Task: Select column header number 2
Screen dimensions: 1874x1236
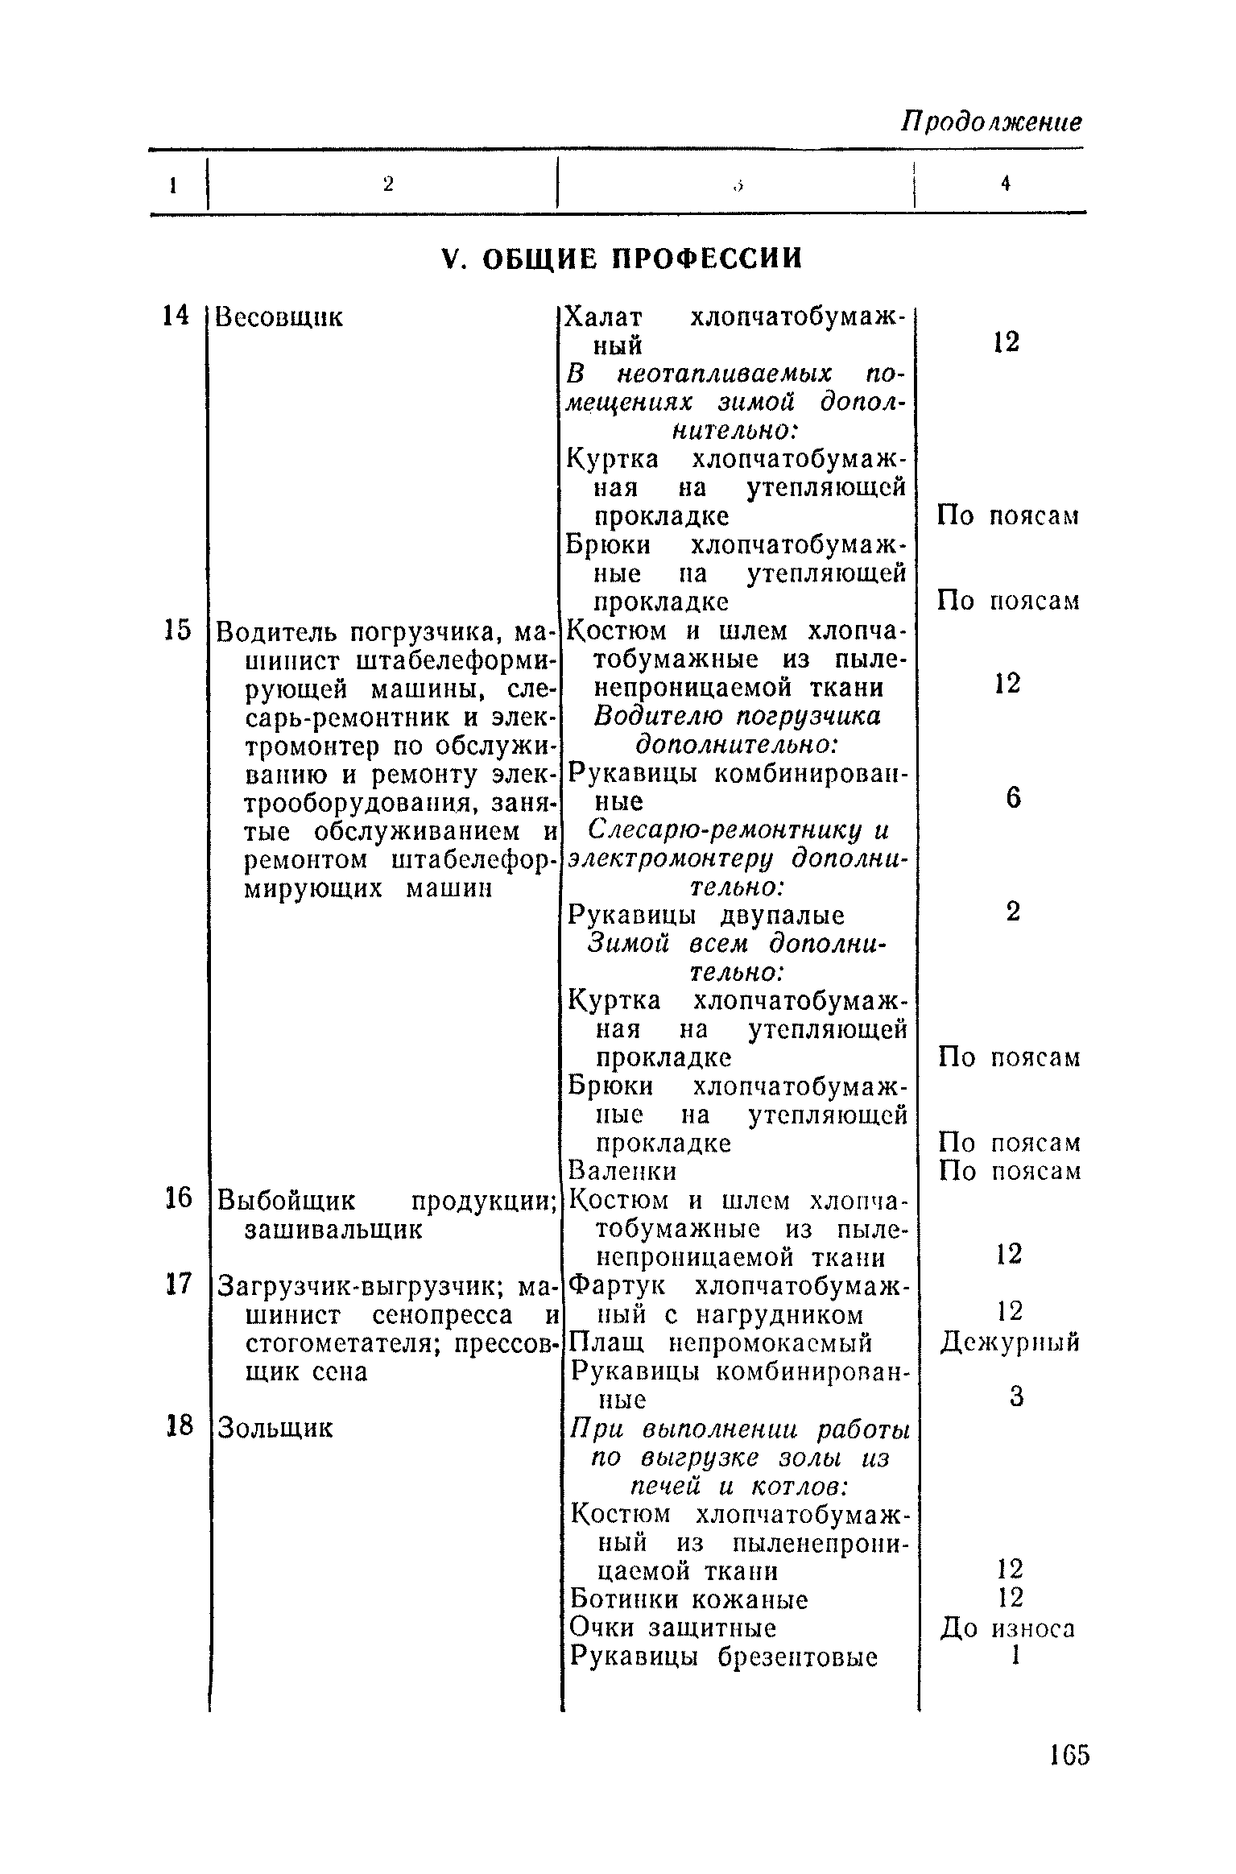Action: (x=388, y=184)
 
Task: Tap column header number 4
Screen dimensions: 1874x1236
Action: (x=1006, y=184)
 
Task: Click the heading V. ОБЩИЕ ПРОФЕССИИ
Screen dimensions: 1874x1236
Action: (x=623, y=259)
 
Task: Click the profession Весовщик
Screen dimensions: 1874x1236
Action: (x=279, y=317)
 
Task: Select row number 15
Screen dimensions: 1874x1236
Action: (x=176, y=630)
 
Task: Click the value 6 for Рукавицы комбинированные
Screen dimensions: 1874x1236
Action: (x=1013, y=798)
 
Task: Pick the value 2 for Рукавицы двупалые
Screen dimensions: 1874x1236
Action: (x=1013, y=912)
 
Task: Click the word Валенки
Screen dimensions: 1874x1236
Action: (x=622, y=1170)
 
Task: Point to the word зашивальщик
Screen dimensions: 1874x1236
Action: (x=333, y=1230)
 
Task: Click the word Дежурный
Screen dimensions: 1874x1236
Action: (x=1010, y=1342)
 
